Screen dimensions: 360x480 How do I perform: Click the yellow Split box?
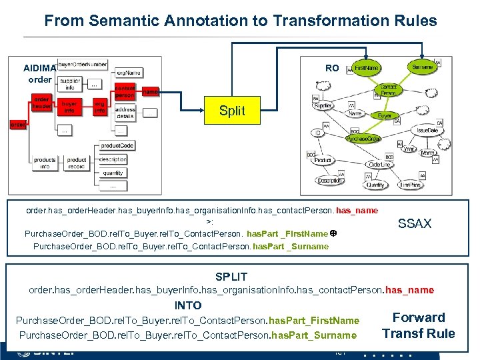[232, 111]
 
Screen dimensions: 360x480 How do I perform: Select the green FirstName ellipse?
[367, 68]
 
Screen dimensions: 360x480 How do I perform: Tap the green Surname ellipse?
[422, 67]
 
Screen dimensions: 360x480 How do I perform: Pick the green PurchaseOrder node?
[363, 139]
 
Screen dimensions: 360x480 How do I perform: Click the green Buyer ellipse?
[385, 115]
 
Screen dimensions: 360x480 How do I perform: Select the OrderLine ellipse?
[379, 165]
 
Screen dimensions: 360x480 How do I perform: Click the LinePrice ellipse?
[410, 185]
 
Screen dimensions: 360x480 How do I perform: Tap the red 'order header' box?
[41, 103]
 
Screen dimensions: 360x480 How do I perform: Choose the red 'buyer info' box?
[69, 107]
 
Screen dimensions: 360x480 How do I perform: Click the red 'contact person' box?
[125, 92]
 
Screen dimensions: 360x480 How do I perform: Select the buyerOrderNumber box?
[82, 64]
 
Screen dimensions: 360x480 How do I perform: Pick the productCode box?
[117, 145]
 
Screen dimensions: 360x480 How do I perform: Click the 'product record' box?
[77, 163]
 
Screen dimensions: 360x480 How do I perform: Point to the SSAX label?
[415, 224]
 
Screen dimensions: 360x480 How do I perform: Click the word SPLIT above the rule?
[231, 277]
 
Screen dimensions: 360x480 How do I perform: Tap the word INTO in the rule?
[187, 305]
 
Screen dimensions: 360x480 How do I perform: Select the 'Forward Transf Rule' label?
[419, 325]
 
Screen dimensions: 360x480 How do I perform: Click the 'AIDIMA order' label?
[39, 74]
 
